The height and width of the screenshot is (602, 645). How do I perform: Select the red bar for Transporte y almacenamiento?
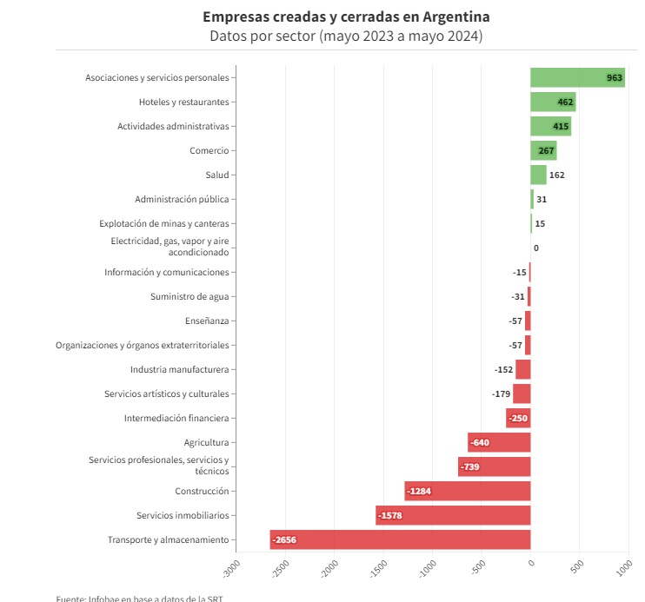[400, 539]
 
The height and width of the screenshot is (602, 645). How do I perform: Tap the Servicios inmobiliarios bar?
[453, 515]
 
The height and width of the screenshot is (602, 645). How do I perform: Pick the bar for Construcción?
[468, 491]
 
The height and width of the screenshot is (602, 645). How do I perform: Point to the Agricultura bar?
[499, 442]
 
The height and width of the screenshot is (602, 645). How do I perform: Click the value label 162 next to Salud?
[557, 175]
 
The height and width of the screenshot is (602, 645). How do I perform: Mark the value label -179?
[501, 394]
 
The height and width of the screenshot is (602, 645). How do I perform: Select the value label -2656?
[284, 539]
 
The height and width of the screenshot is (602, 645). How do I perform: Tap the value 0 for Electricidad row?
[536, 248]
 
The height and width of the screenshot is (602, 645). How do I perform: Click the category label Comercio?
[209, 150]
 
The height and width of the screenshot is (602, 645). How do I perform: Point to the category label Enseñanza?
[207, 321]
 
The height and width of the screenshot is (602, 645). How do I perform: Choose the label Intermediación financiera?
[176, 418]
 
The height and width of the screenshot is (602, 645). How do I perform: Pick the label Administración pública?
[182, 199]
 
